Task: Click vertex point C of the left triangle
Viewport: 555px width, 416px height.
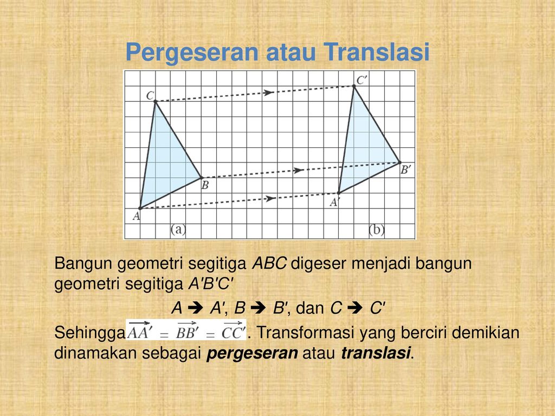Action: click(155, 101)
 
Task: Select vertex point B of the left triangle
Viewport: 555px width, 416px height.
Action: click(202, 178)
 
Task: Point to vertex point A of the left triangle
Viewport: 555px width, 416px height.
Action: click(140, 208)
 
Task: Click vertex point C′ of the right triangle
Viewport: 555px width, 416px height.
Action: click(354, 86)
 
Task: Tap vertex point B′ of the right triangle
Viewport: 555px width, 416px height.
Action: click(399, 162)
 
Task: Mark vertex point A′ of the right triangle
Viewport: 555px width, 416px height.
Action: click(338, 193)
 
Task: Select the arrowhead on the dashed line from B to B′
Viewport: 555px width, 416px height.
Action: click(298, 170)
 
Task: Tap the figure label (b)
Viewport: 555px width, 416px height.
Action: click(376, 230)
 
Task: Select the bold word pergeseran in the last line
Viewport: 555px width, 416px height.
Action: click(253, 353)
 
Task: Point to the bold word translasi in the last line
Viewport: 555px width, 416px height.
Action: click(377, 353)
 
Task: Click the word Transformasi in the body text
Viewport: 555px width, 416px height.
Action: click(299, 333)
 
